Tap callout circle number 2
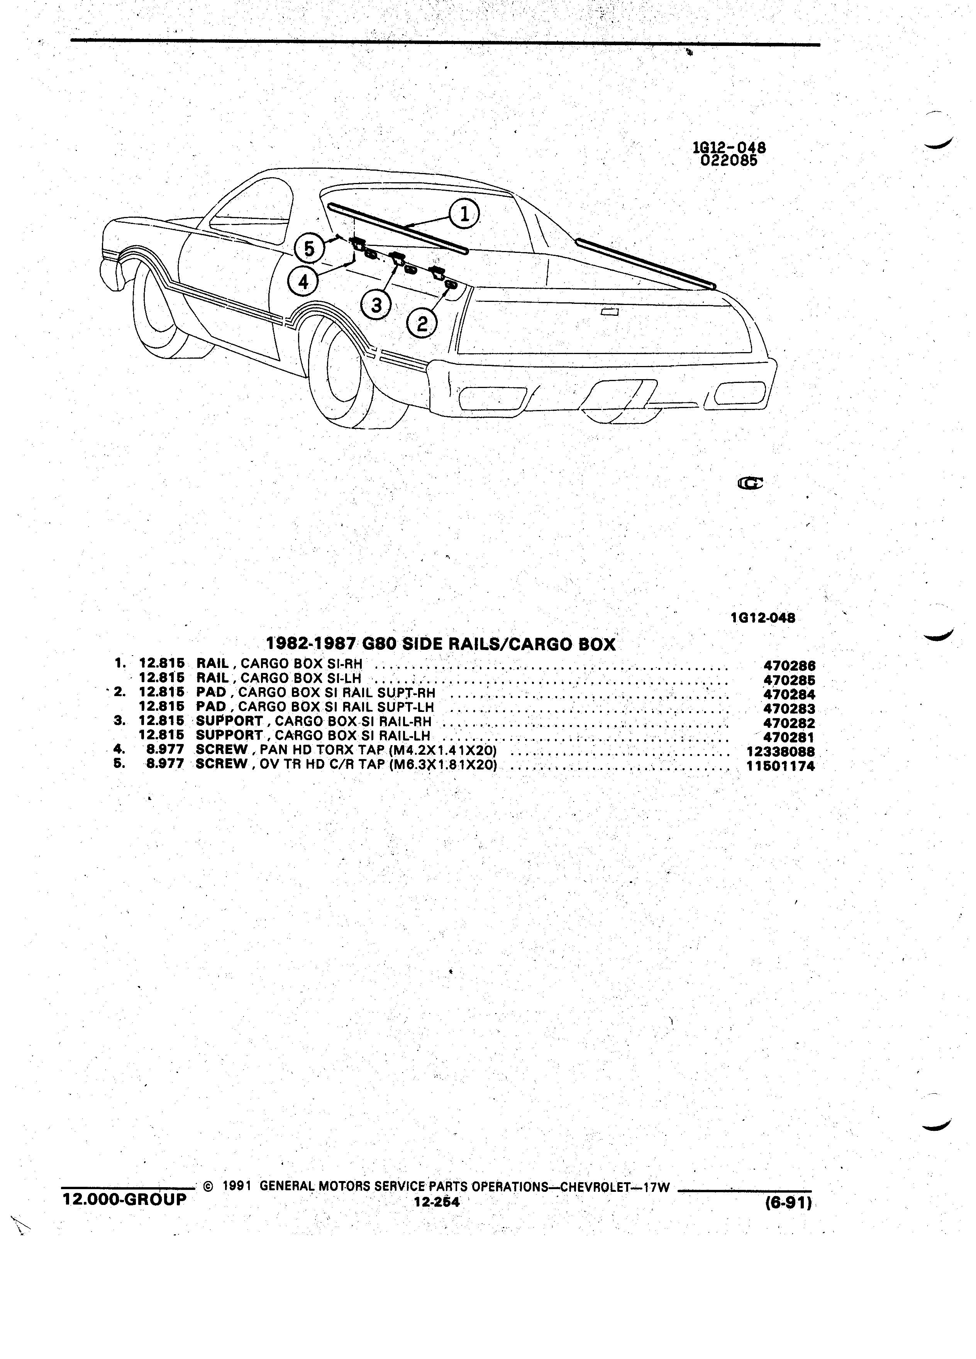click(x=422, y=324)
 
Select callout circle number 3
click(x=376, y=306)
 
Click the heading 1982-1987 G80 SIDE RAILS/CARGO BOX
click(x=441, y=644)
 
